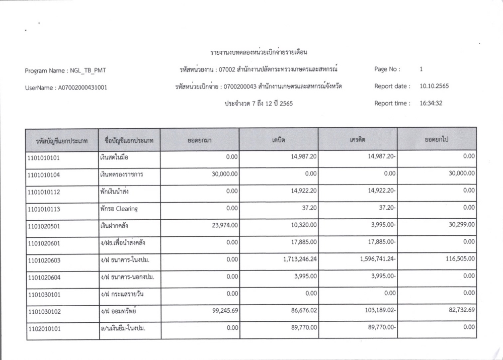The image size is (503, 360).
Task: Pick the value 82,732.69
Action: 459,310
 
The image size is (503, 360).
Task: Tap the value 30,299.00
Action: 459,225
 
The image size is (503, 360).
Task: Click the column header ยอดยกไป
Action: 436,139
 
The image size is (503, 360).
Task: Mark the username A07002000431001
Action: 79,87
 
